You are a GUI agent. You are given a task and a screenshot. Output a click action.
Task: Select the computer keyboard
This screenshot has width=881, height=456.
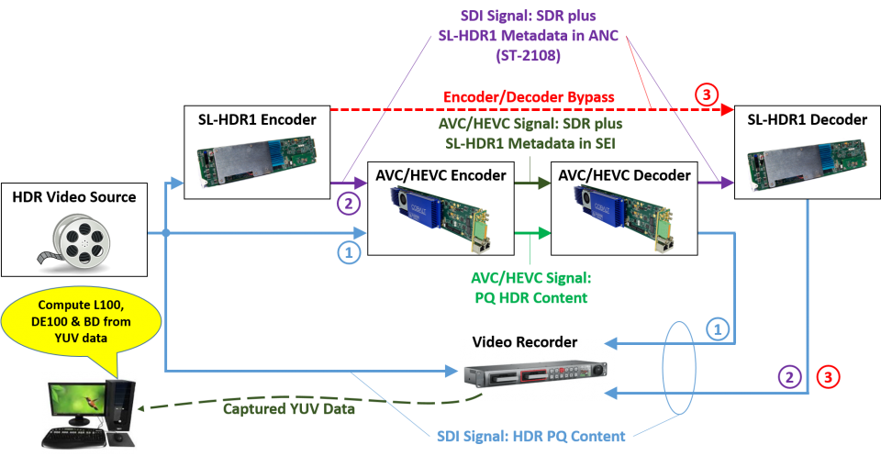click(x=78, y=437)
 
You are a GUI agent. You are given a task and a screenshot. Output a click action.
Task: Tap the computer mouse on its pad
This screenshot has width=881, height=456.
click(x=117, y=439)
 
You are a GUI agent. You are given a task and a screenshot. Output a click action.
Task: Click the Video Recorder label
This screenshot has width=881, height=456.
click(x=524, y=342)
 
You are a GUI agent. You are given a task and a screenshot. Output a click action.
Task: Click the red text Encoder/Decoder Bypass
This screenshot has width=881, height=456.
click(x=529, y=96)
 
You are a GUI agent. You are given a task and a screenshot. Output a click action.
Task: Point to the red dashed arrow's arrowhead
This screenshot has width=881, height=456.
click(x=729, y=109)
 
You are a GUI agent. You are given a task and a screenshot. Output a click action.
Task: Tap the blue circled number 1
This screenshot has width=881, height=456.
click(x=718, y=324)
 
